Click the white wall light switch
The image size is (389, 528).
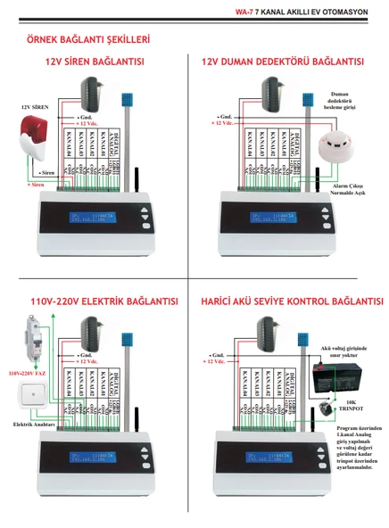[x=33, y=396]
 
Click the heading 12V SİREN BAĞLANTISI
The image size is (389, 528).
[x=95, y=63]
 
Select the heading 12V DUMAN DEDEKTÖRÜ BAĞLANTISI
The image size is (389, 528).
[x=283, y=63]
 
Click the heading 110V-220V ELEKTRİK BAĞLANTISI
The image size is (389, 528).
[x=93, y=301]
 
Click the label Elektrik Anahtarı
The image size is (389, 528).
[x=33, y=425]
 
